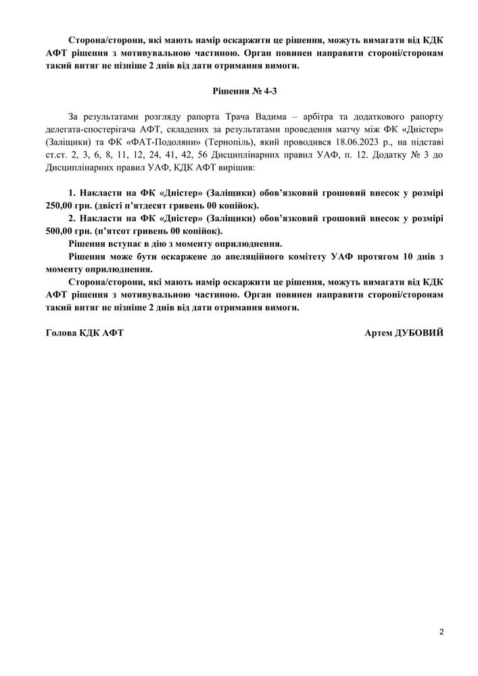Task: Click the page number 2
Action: [441, 633]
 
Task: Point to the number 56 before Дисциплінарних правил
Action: [203, 155]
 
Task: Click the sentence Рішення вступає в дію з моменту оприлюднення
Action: [175, 243]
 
